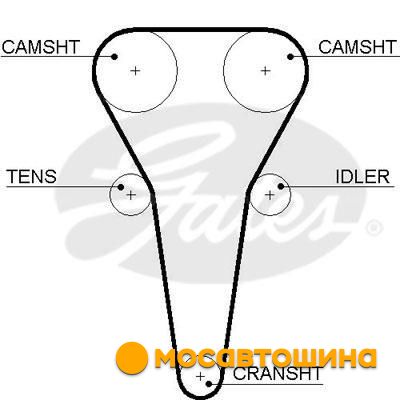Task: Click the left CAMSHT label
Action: point(41,47)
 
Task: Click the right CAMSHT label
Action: point(357,47)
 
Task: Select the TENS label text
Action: point(32,176)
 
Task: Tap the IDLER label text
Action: point(362,176)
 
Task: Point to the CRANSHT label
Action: point(277,374)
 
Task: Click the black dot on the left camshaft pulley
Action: point(114,57)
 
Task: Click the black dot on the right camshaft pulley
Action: point(290,57)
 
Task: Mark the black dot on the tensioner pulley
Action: point(121,187)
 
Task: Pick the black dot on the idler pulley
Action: point(281,186)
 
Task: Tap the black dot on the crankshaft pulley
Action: point(209,384)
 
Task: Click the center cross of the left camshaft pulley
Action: point(135,71)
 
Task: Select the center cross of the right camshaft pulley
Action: point(265,71)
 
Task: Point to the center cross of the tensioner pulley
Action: point(131,195)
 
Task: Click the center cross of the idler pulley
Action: point(269,195)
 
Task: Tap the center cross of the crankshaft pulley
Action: point(200,377)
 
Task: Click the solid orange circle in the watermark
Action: point(132,358)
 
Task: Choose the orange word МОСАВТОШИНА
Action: point(266,358)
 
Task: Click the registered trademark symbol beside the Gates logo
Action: point(374,228)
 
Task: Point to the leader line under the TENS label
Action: point(63,186)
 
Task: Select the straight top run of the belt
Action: point(200,30)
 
